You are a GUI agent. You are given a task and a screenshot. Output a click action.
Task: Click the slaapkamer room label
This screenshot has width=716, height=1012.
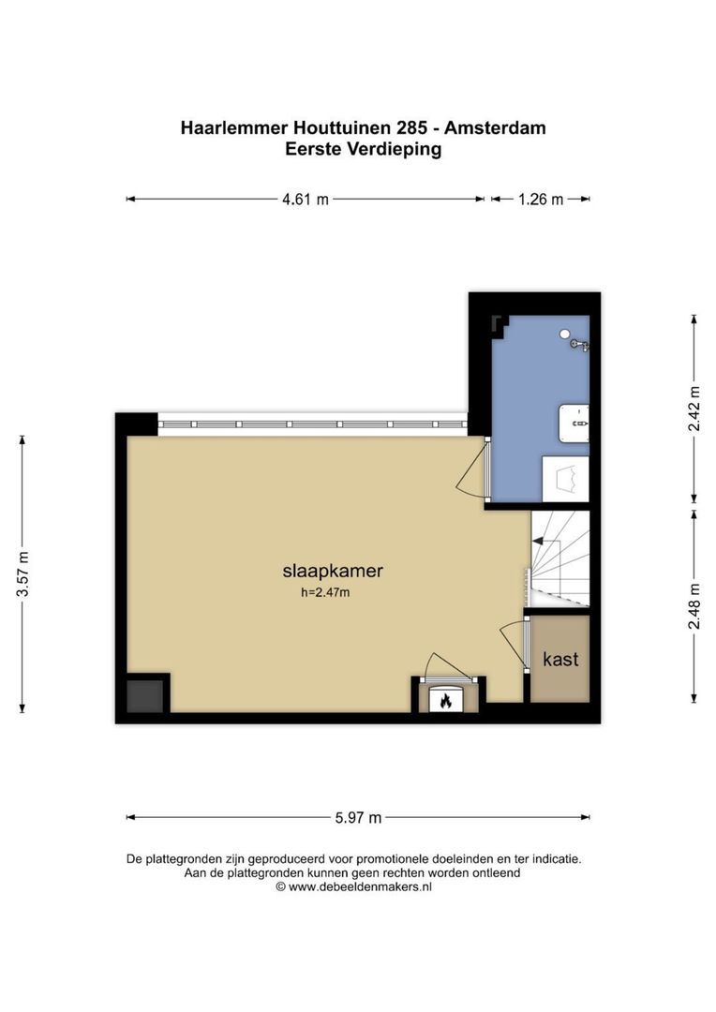coord(333,572)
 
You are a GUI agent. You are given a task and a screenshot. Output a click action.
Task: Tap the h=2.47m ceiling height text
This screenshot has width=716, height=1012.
coord(325,592)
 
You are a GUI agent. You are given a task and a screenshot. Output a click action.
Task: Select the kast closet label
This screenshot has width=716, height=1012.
coord(560,660)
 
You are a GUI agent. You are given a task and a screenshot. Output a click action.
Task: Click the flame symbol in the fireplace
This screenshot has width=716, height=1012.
coord(445,700)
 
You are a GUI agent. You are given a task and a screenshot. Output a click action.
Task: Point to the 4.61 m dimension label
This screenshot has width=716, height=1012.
coord(305,200)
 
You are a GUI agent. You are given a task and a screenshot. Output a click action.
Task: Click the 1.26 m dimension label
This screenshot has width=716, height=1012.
coord(541,200)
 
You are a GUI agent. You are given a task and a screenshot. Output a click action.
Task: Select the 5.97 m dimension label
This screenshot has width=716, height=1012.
coord(358,818)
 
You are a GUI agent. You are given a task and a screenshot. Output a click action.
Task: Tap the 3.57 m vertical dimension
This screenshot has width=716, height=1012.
coord(22,574)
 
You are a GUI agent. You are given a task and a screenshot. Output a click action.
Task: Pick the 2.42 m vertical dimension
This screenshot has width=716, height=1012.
coord(694,409)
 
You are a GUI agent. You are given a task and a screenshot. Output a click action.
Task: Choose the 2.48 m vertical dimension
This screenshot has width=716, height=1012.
coord(694,606)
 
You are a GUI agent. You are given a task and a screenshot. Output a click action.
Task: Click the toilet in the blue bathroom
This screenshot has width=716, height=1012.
coord(565,479)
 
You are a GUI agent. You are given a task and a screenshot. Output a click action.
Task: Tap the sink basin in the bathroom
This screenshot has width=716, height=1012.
coord(574,424)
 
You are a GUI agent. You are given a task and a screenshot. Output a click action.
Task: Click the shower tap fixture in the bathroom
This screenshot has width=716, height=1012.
coord(580,345)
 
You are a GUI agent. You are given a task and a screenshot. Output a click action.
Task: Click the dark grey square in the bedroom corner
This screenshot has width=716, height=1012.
coord(144,695)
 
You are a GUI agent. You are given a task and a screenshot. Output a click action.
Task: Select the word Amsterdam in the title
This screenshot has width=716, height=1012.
coord(495,127)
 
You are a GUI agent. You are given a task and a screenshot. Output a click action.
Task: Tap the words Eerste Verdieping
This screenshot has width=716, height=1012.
coord(364,149)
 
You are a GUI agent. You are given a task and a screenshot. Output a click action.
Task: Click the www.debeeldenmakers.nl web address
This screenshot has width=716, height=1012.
coord(360,886)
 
